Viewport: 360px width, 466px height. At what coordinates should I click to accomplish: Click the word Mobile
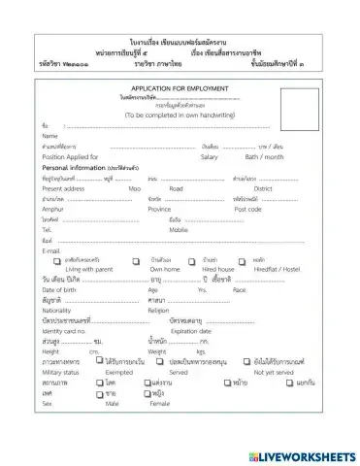click(179, 230)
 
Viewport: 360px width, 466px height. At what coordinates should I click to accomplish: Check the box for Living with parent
click(58, 261)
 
